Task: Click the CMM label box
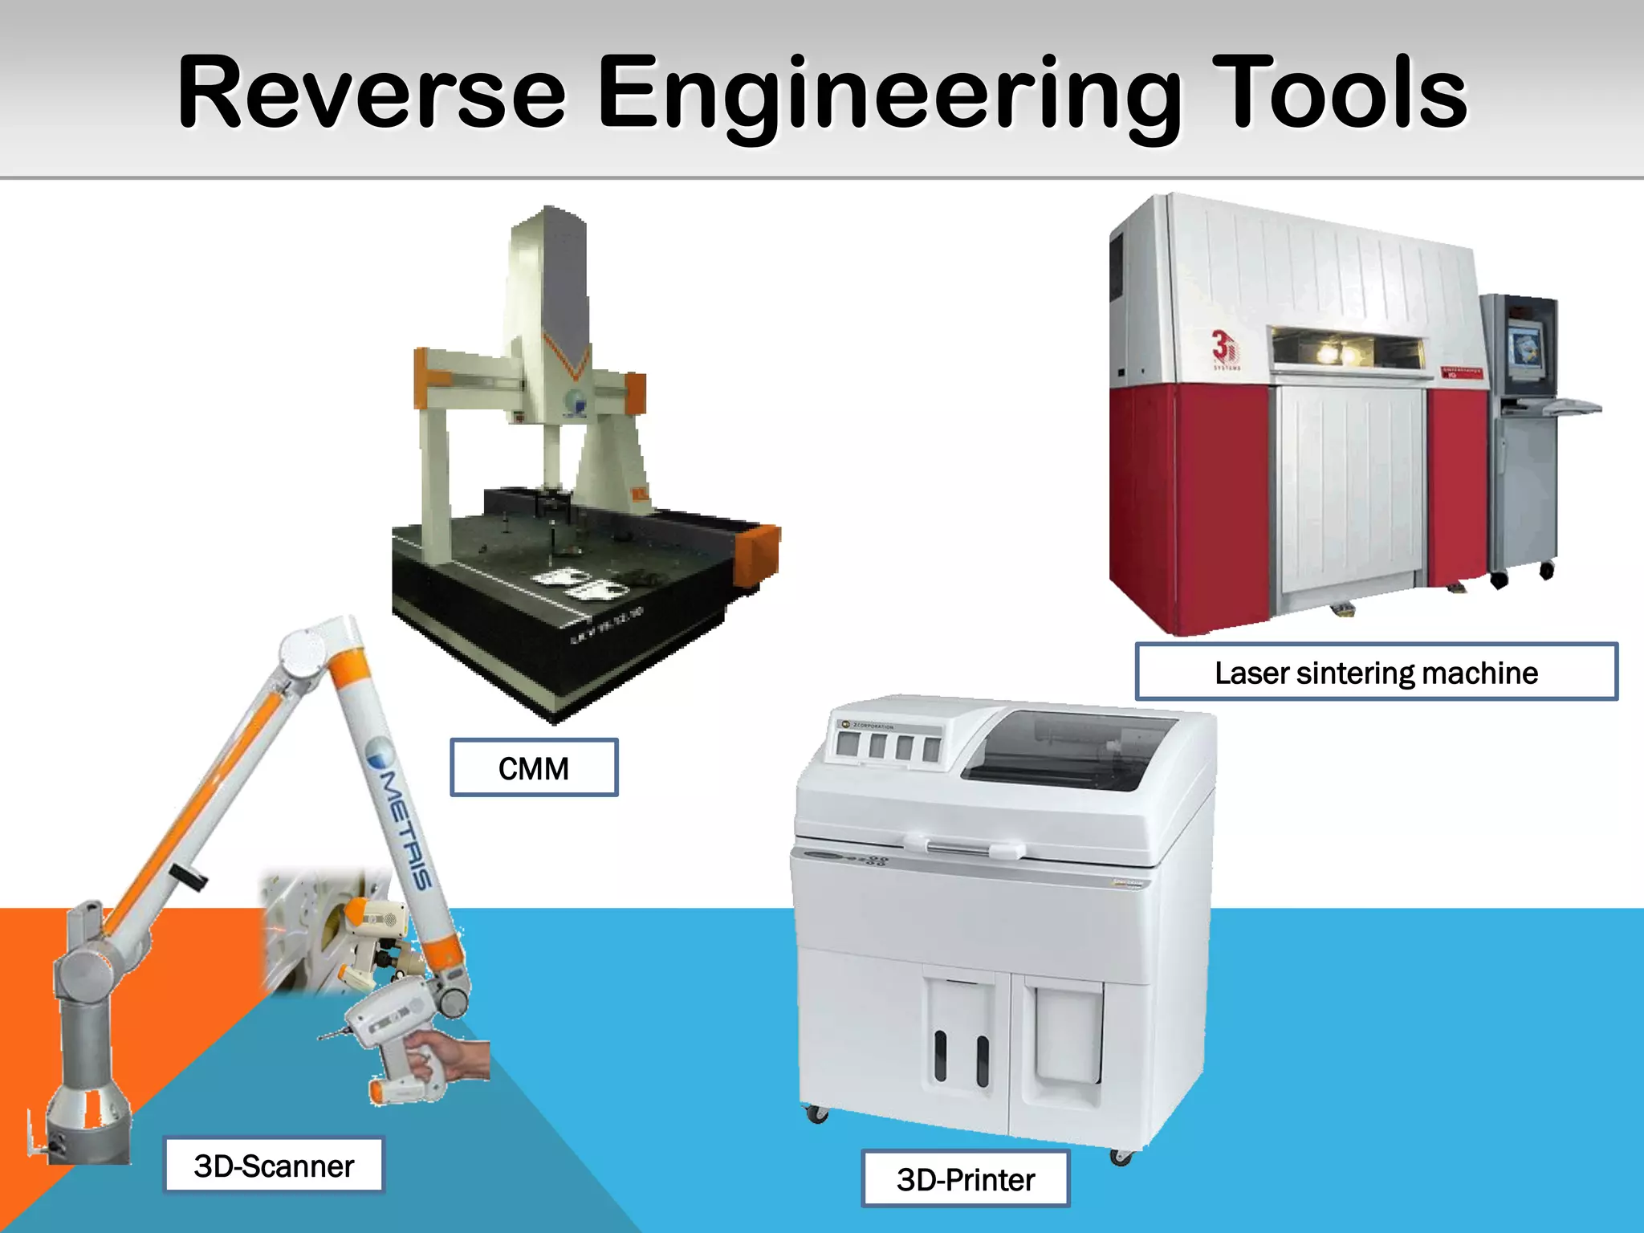point(534,768)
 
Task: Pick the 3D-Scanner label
point(274,1166)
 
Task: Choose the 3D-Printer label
point(966,1179)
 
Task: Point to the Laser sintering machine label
point(1376,673)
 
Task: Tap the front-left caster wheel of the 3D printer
point(816,1113)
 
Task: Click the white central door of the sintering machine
point(1349,490)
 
